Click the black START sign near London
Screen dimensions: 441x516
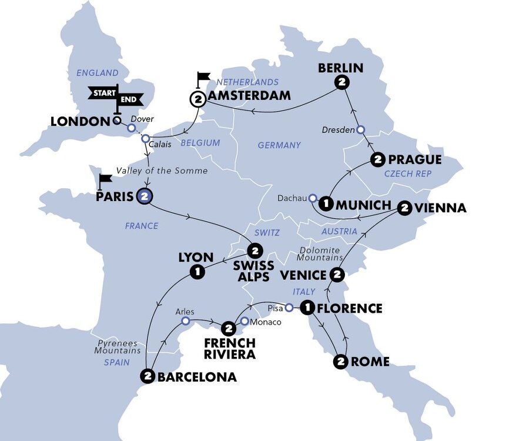102,92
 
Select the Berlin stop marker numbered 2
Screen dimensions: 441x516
340,83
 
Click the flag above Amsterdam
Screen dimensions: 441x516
203,78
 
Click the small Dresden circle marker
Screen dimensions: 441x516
361,129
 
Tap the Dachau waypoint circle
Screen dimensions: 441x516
313,198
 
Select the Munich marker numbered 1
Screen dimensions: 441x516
324,205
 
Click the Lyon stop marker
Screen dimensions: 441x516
197,272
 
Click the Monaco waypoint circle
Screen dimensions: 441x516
244,322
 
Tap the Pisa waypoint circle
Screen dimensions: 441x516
289,307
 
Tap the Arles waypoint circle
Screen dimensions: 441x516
185,321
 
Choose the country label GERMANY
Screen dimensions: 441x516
279,145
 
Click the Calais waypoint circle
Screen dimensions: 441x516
145,139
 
